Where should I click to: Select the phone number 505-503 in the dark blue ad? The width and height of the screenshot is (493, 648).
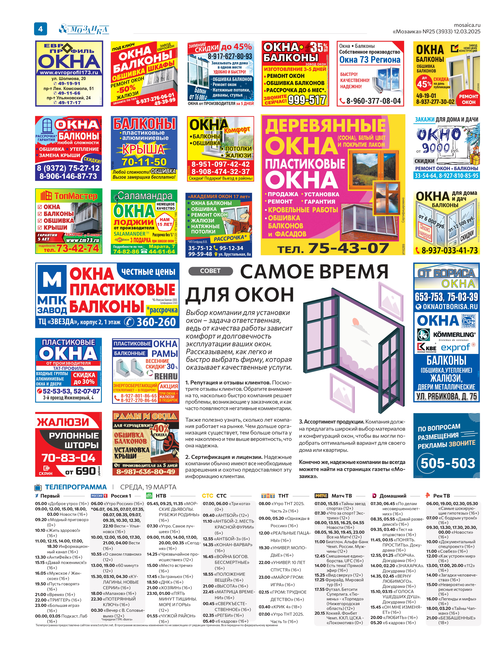[x=448, y=463]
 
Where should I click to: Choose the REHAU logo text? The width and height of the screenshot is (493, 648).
[x=166, y=376]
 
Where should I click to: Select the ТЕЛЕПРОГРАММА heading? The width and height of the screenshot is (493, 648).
[x=76, y=487]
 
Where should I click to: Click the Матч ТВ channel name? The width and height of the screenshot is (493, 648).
[x=342, y=496]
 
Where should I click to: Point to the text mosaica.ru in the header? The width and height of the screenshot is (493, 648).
[x=467, y=25]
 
